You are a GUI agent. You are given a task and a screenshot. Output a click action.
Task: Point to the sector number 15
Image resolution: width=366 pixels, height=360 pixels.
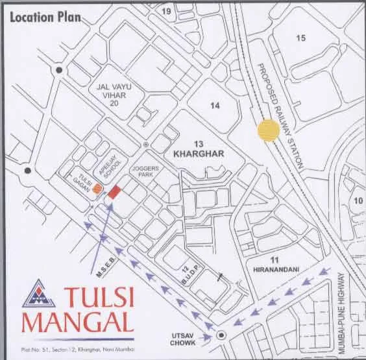pyautogui.click(x=300, y=38)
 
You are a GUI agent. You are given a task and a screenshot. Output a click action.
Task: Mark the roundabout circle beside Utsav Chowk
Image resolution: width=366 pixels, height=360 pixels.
pyautogui.click(x=222, y=335)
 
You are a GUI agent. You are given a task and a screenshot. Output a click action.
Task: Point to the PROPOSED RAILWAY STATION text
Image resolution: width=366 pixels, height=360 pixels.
pyautogui.click(x=280, y=117)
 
